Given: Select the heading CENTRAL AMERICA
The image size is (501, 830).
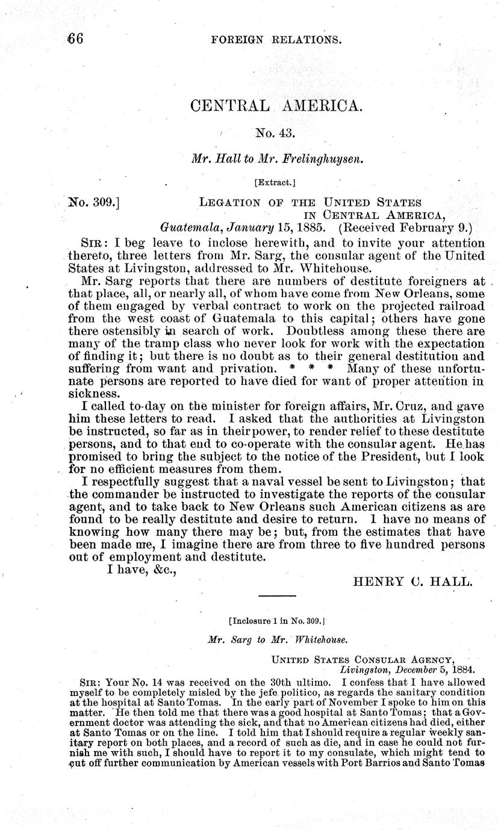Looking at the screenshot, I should [x=276, y=106].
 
